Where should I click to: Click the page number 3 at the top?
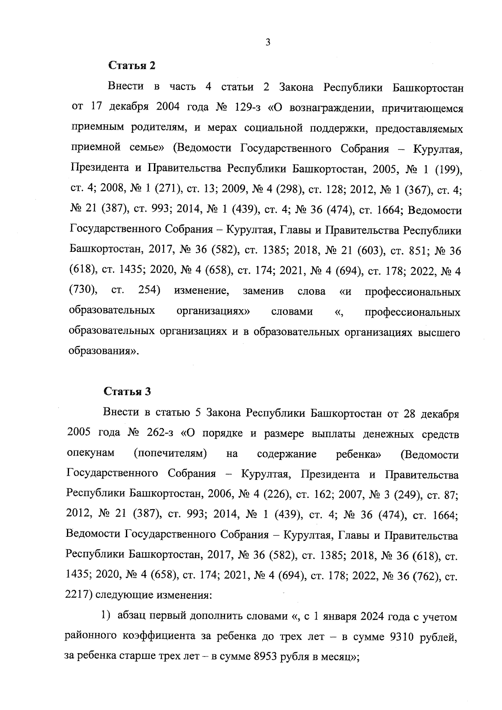coord(267,42)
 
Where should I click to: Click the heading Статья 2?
coord(132,66)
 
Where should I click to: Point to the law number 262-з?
coord(160,434)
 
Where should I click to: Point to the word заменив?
coord(263,292)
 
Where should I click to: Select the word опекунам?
coord(90,454)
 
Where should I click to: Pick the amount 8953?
coord(268,657)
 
